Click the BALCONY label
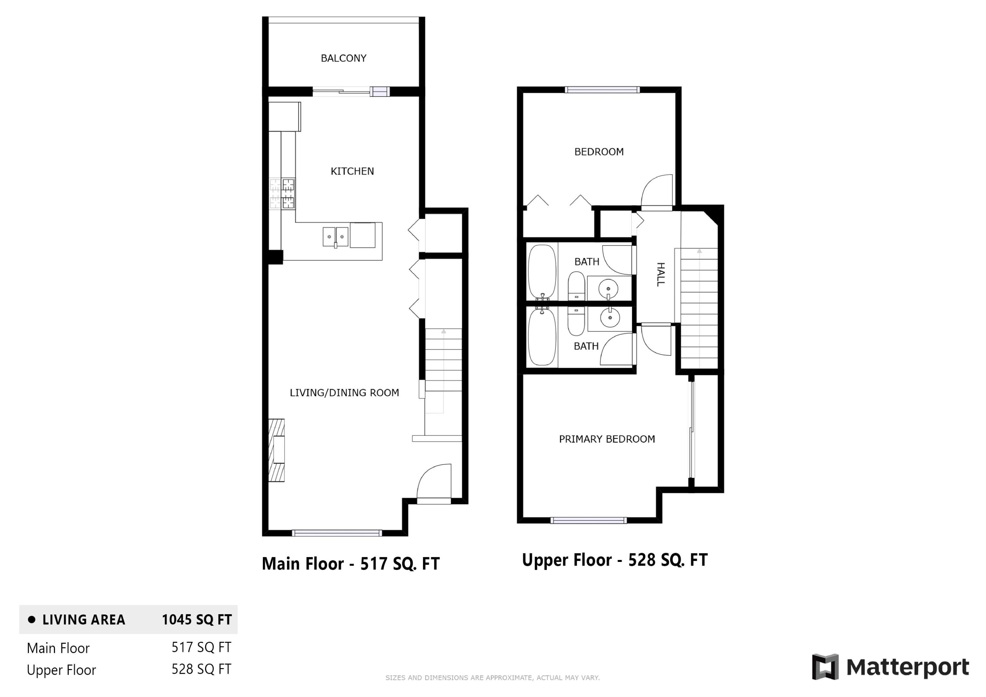[x=343, y=58]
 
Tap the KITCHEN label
[x=352, y=171]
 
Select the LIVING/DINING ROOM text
[x=344, y=392]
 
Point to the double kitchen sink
[x=335, y=237]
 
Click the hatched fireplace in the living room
[x=276, y=450]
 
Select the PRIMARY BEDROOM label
[x=606, y=439]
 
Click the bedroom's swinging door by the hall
[x=657, y=192]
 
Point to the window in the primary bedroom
[x=588, y=521]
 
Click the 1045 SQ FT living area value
[x=197, y=619]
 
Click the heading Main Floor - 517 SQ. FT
[x=350, y=564]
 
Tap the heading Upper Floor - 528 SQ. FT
[x=614, y=560]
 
